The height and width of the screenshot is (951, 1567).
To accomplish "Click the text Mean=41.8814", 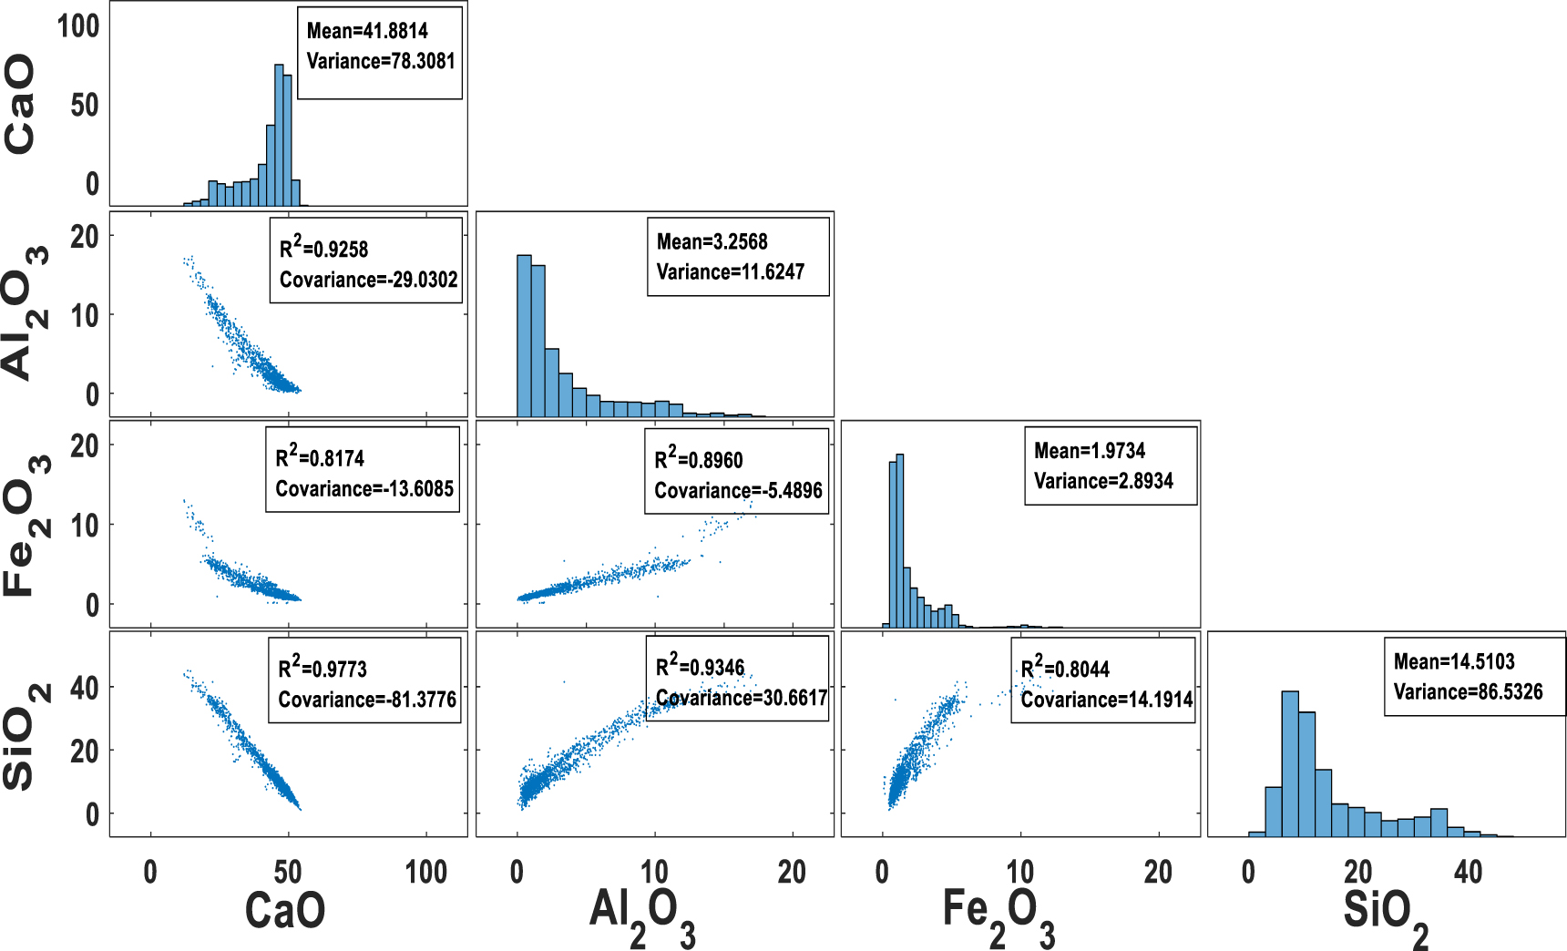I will click(367, 31).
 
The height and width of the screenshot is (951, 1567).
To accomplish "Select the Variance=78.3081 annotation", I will click(380, 61).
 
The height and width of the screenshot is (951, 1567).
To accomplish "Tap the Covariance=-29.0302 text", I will click(368, 280).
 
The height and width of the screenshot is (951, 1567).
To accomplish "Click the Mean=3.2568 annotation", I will click(712, 241).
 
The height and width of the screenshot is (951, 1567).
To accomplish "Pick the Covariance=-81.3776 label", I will click(367, 700).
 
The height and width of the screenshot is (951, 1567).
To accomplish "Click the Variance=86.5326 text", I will click(1468, 691).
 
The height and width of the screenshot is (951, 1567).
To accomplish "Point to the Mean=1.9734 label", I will click(1089, 450).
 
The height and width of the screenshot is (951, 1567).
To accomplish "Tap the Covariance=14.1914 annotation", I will click(1106, 700).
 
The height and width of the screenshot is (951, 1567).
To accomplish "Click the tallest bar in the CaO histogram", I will click(279, 137).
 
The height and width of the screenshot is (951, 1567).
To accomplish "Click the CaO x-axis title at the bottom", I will click(285, 910).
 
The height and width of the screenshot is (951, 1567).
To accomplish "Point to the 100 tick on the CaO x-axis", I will click(425, 872).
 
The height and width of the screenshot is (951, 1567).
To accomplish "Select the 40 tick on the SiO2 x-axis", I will click(1468, 872).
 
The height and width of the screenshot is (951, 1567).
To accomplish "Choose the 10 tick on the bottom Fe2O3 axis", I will click(1019, 872).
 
